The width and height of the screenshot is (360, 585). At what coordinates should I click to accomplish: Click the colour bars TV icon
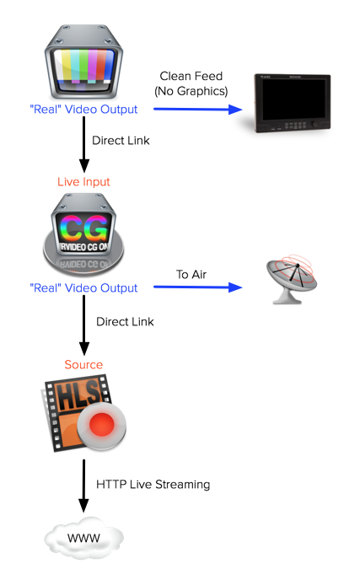[84, 62]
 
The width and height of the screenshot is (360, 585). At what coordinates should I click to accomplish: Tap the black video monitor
[292, 104]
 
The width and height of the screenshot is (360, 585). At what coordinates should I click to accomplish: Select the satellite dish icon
[291, 279]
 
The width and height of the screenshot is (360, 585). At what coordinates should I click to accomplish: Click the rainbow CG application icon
[83, 235]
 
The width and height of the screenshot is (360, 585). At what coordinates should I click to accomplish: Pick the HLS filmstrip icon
[83, 413]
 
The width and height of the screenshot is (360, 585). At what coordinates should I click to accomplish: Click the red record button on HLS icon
[102, 425]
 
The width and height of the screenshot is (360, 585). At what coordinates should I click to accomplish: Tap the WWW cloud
[84, 538]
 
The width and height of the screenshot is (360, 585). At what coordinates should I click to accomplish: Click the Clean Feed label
[191, 76]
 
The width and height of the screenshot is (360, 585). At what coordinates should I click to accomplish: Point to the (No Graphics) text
[191, 91]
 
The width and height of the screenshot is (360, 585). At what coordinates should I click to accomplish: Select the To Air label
[191, 275]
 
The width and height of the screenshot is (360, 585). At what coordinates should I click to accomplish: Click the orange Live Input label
[83, 182]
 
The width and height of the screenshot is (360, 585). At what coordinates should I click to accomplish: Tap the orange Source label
[83, 364]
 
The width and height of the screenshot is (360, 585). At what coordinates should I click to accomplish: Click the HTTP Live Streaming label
[153, 484]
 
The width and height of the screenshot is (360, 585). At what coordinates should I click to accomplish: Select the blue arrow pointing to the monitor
[198, 110]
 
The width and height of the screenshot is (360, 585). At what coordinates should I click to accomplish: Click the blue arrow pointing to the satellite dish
[198, 287]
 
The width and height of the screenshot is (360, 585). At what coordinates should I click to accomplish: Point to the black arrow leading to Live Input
[84, 144]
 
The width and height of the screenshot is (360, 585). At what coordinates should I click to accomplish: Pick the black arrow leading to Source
[84, 325]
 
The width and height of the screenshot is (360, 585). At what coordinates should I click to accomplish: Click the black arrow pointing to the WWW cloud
[84, 486]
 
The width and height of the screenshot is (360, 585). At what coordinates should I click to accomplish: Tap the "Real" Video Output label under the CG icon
[83, 288]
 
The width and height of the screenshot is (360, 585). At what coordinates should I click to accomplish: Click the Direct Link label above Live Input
[121, 141]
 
